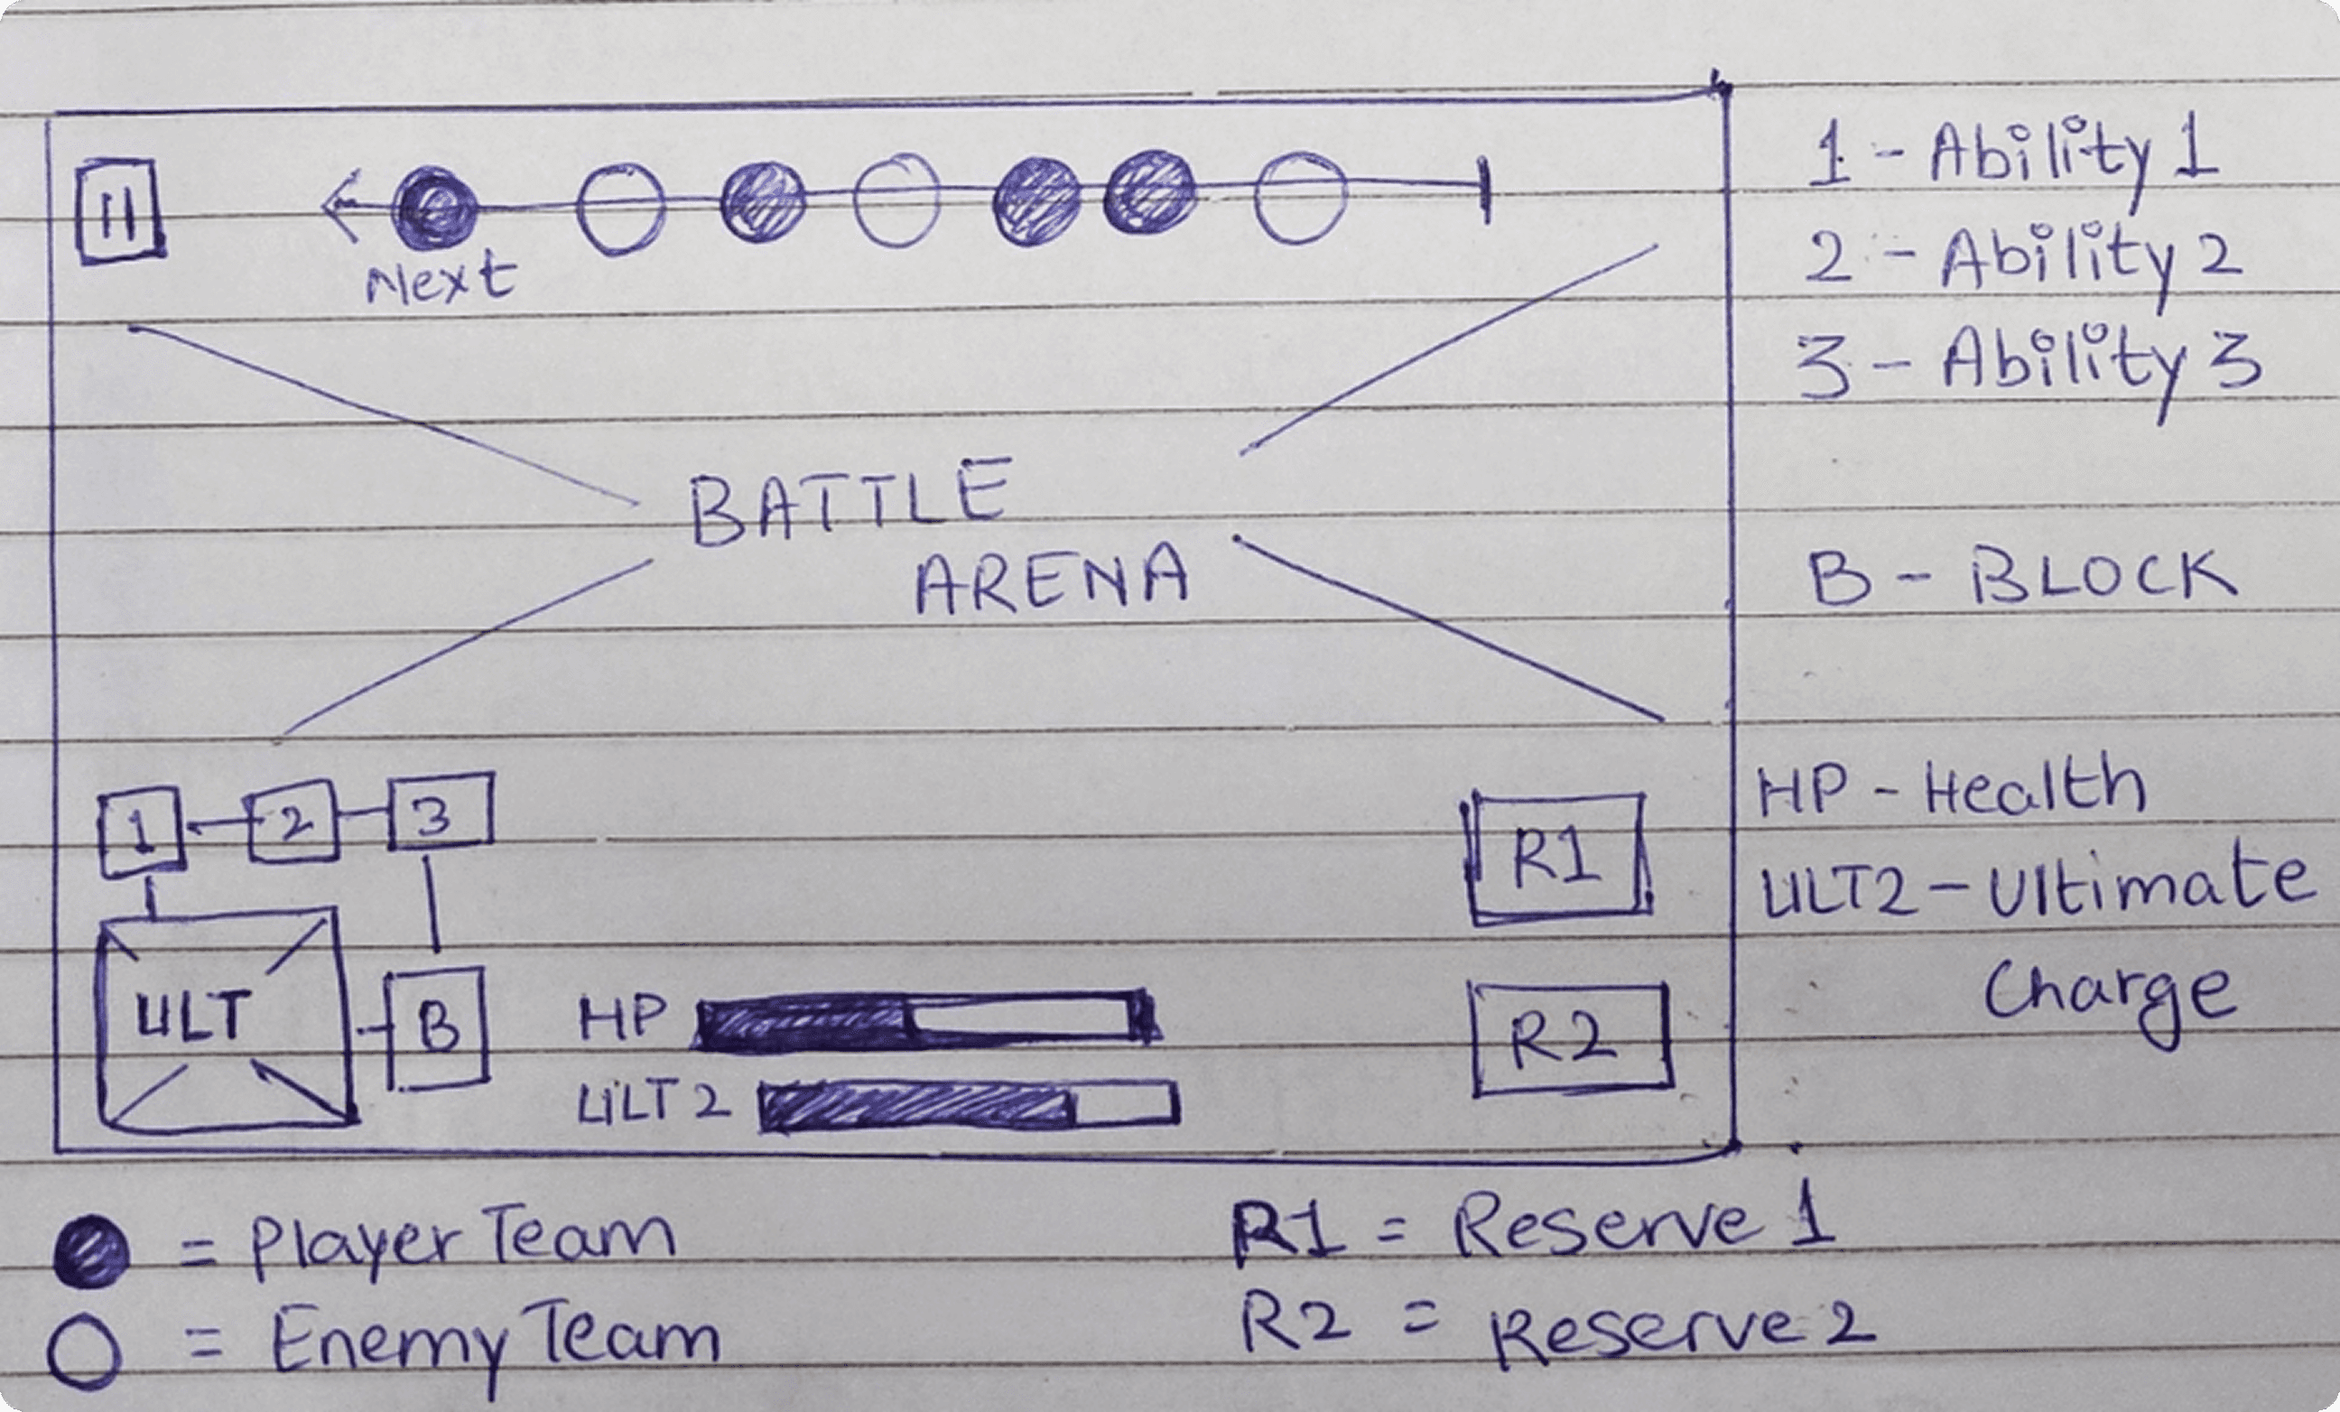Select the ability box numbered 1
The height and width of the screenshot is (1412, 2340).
pyautogui.click(x=141, y=831)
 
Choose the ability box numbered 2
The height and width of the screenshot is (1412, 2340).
pyautogui.click(x=293, y=822)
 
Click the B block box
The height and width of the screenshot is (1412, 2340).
pyautogui.click(x=438, y=1027)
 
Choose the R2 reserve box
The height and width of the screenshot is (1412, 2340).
pyautogui.click(x=1572, y=1040)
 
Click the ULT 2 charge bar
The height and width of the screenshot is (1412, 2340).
pyautogui.click(x=969, y=1106)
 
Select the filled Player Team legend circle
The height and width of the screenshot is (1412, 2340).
pyautogui.click(x=90, y=1251)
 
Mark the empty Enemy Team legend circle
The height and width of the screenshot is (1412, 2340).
pyautogui.click(x=84, y=1352)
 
